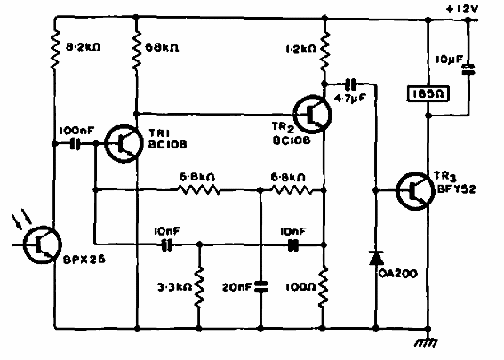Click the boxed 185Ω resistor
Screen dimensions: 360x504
point(428,92)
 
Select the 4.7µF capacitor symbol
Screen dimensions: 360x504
point(349,84)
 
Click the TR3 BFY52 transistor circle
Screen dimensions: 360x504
point(415,188)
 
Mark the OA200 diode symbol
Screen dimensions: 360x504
point(376,259)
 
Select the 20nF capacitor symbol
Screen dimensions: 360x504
point(260,287)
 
